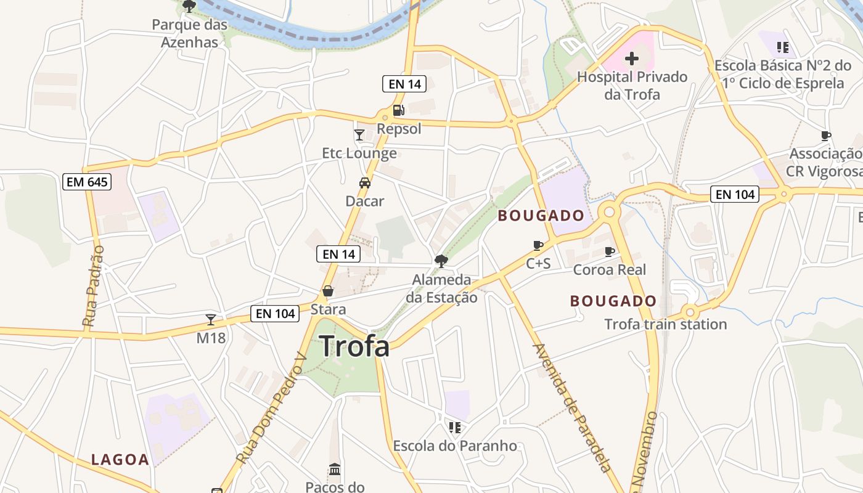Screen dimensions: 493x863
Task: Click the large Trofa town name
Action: [354, 346]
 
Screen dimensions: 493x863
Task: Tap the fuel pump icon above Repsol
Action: [399, 110]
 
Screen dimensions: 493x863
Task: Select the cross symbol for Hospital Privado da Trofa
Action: [632, 59]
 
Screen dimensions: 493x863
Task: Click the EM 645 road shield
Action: [87, 182]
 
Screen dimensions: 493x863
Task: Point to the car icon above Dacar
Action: [365, 183]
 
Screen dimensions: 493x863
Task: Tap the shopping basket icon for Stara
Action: [328, 291]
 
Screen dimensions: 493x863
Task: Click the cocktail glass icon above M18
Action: [211, 320]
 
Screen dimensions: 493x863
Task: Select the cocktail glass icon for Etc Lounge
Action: [359, 135]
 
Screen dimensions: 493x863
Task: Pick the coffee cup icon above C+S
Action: [538, 245]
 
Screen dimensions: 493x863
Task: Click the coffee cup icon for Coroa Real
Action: [610, 251]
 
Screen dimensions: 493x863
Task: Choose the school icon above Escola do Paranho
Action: [455, 427]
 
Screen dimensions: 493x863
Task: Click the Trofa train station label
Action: [666, 324]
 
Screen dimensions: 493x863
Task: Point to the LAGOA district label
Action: [120, 460]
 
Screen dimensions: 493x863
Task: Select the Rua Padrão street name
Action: [94, 286]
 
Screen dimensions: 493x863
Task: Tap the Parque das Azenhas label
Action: [190, 33]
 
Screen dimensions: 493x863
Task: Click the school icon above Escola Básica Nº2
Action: [783, 47]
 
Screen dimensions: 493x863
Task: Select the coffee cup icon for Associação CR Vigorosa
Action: [826, 136]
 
